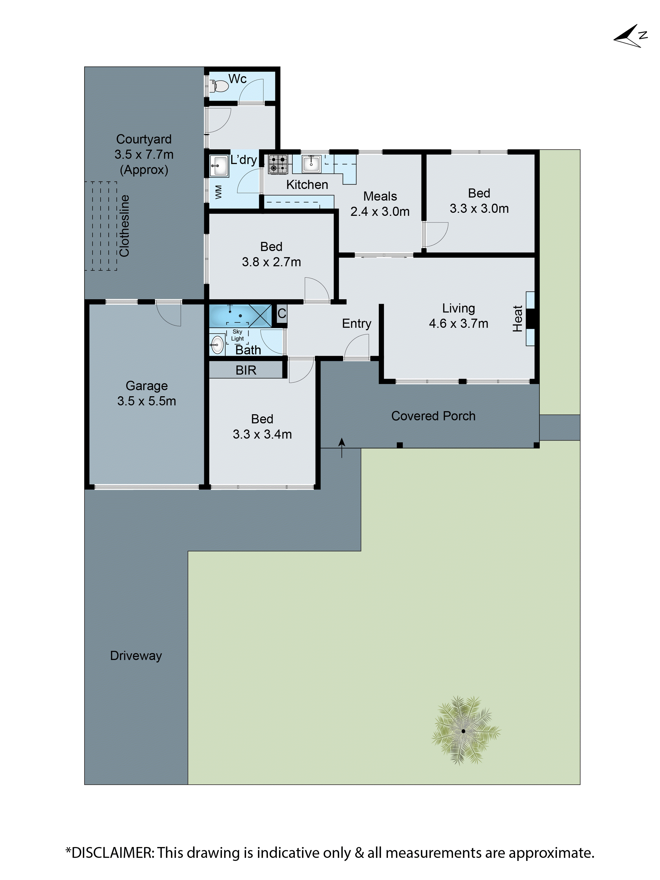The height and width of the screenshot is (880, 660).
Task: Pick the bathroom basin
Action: pyautogui.click(x=217, y=344)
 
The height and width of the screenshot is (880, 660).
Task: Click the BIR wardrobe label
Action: pyautogui.click(x=246, y=370)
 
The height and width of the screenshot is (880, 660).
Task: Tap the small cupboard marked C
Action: pyautogui.click(x=282, y=313)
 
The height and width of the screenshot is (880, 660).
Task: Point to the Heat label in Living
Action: pyautogui.click(x=517, y=318)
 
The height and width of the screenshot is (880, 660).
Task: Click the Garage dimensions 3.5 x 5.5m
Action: pyautogui.click(x=146, y=401)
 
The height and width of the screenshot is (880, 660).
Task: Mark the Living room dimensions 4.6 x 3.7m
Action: pyautogui.click(x=458, y=323)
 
